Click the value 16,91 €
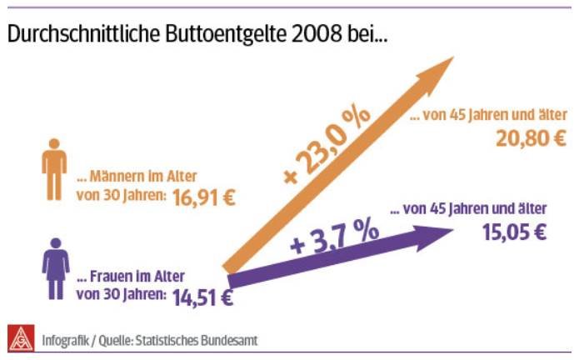(x=204, y=198)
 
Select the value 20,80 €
(x=531, y=137)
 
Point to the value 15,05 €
(x=515, y=232)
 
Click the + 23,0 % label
(x=327, y=147)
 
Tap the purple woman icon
(x=56, y=267)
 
